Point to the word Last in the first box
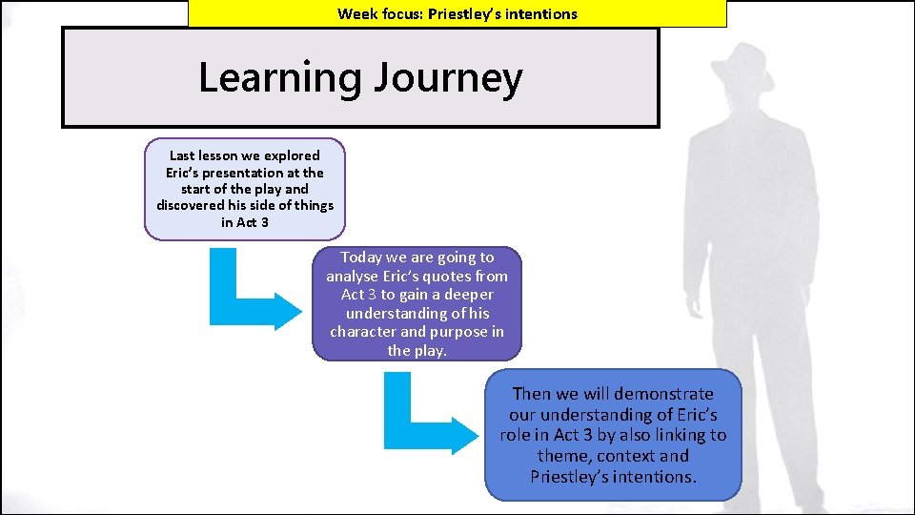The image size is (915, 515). coord(182,155)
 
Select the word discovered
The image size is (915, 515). coord(191,206)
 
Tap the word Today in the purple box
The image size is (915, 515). coord(360,257)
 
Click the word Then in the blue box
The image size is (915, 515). coord(531,394)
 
